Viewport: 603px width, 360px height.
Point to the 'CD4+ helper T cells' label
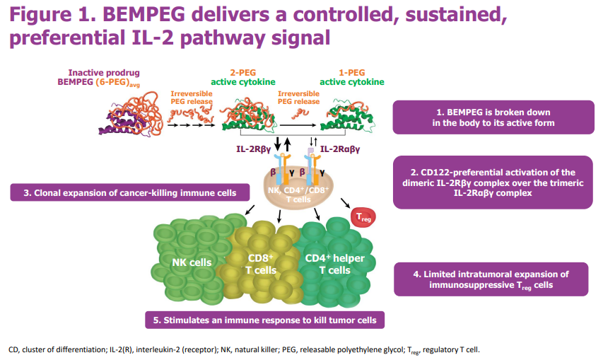334,264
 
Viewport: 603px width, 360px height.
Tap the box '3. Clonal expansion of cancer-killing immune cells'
134,192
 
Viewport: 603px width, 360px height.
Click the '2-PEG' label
244,72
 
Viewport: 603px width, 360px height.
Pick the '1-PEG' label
351,72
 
